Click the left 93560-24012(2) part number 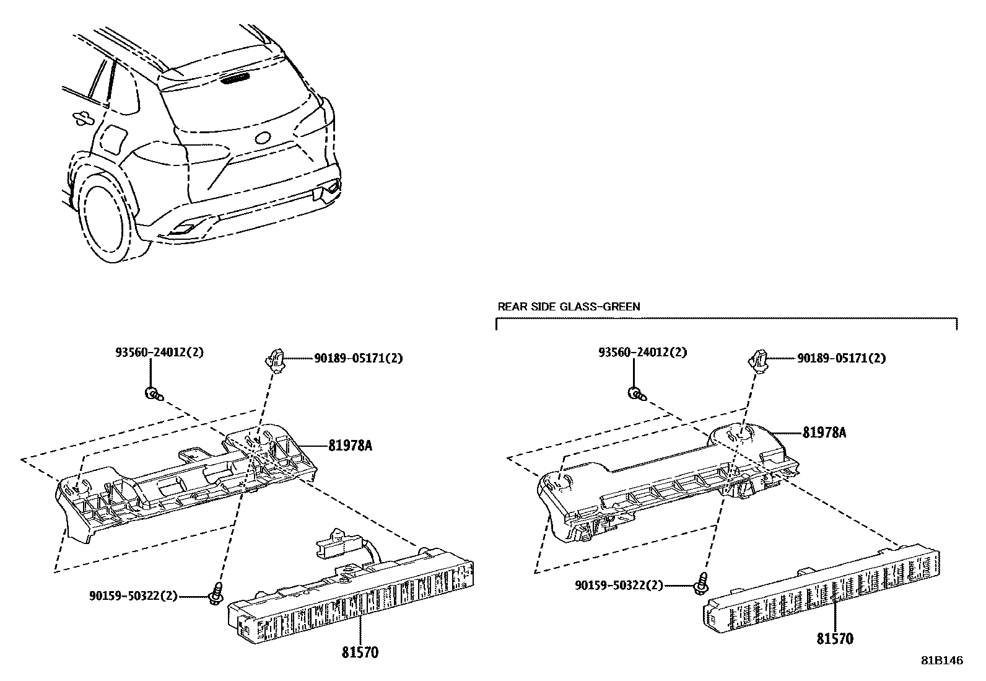tap(159, 352)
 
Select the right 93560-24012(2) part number tap(642, 352)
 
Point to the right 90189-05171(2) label tap(841, 358)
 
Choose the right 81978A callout tap(824, 433)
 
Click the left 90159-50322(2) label tap(133, 596)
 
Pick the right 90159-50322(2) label tap(619, 585)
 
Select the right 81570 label tap(835, 638)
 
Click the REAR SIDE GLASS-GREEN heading tap(569, 307)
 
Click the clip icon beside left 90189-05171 tap(275, 359)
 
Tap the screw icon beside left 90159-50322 tap(217, 594)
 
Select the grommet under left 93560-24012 tap(152, 392)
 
